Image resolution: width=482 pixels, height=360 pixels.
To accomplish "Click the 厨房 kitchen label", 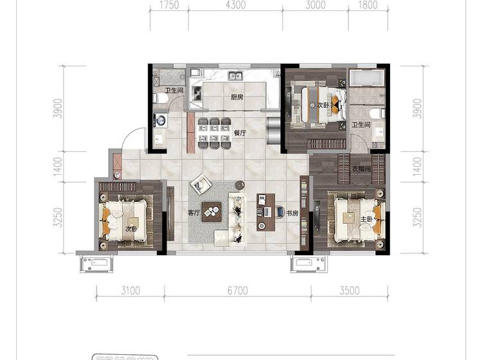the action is (237, 97).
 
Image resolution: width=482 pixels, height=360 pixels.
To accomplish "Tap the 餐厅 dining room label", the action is (240, 133).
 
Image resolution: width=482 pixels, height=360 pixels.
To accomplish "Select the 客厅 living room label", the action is (194, 212).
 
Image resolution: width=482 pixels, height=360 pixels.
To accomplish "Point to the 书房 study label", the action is (292, 213).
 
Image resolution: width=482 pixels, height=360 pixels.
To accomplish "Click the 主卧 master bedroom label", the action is (366, 219).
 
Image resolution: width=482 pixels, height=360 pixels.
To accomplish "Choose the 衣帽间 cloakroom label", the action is (361, 169).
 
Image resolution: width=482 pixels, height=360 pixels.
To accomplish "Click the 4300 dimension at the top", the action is (235, 5).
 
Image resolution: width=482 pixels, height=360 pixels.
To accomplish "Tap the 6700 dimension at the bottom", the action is (238, 291).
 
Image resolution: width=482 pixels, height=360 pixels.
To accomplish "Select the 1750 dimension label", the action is (170, 5).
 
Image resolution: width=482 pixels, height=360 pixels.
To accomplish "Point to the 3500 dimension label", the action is (350, 291).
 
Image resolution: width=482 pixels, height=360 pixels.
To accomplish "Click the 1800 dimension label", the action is (368, 5).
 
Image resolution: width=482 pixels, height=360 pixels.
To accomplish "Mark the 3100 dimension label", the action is (130, 291).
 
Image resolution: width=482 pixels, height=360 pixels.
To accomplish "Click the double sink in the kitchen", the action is (236, 75).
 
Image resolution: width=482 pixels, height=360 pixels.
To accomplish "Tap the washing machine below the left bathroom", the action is (161, 120).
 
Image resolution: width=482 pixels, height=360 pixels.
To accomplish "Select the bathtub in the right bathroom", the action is (367, 78).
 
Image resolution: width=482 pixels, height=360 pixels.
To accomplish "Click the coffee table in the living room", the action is (211, 212).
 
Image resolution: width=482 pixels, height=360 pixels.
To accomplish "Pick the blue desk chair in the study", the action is (280, 212).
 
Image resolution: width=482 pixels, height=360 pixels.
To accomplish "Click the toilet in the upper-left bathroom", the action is (161, 98).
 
